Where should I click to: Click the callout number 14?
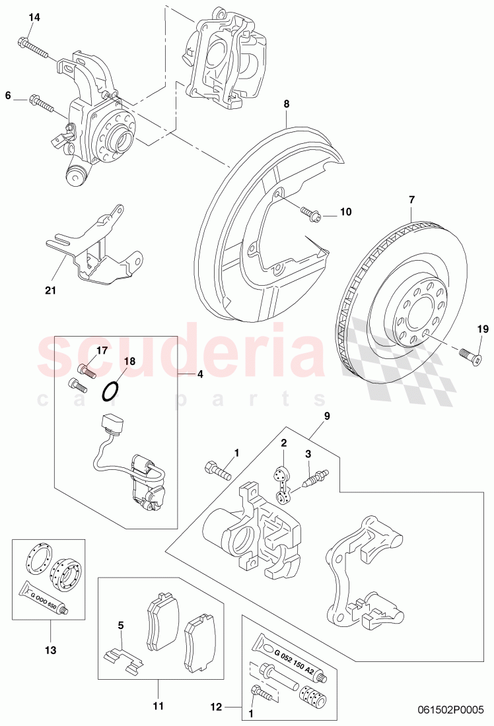click(x=34, y=18)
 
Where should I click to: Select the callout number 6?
click(x=8, y=96)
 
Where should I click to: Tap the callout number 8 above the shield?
click(x=287, y=104)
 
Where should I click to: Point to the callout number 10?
click(x=346, y=212)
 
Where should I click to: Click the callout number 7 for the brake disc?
click(x=411, y=199)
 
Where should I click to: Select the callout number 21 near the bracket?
click(x=51, y=289)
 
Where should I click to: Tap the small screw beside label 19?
click(x=472, y=355)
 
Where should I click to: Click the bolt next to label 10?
click(x=310, y=213)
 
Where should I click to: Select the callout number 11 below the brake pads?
click(x=158, y=688)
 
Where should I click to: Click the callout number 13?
click(x=47, y=630)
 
